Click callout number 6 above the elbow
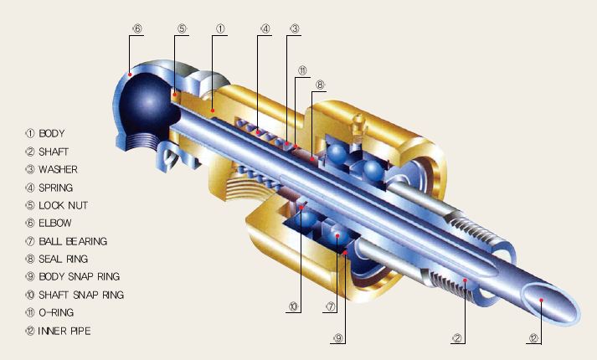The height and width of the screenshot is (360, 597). (x=136, y=28)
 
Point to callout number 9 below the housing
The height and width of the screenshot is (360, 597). (x=338, y=339)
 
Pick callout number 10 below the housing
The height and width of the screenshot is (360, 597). (x=293, y=306)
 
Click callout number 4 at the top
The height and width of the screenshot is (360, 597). (x=265, y=28)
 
